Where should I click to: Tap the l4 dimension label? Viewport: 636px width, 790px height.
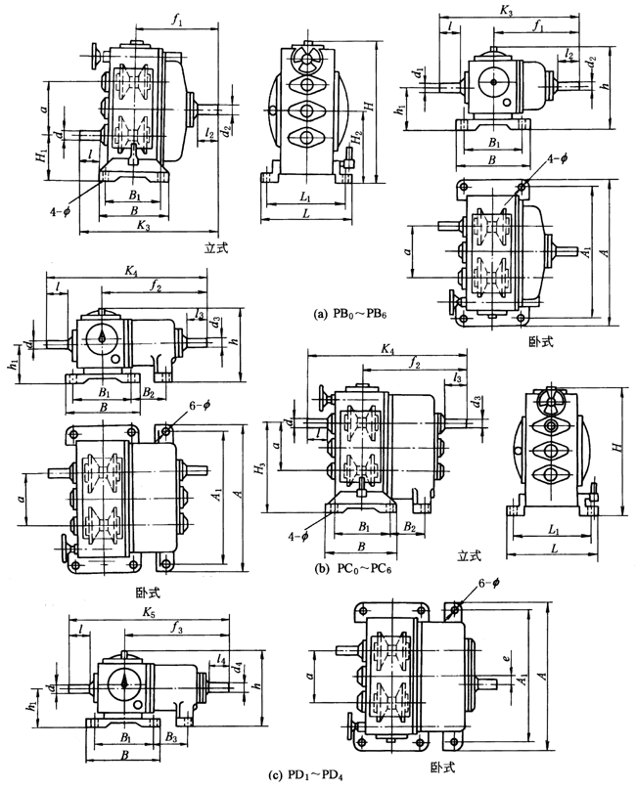click(x=223, y=662)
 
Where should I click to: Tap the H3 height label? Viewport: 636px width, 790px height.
click(x=261, y=469)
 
